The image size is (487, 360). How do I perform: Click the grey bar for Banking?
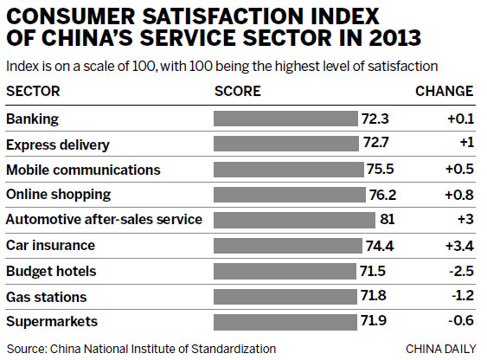[285, 118]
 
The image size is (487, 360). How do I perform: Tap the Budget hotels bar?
[283, 271]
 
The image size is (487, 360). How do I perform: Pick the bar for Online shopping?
[289, 194]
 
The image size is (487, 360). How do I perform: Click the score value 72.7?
[375, 144]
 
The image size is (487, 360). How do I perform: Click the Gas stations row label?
[46, 297]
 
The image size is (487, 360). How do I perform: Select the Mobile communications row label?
[83, 169]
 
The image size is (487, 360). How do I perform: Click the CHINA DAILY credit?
[439, 348]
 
